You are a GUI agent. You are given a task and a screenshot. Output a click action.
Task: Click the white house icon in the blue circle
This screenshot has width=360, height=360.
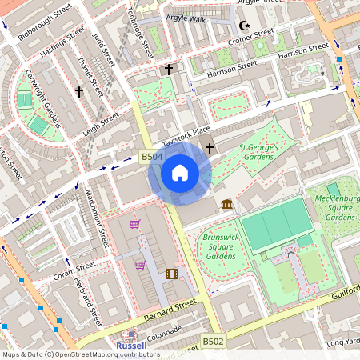click(x=180, y=172)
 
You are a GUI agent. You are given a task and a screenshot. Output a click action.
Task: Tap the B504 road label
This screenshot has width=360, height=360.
click(x=152, y=158)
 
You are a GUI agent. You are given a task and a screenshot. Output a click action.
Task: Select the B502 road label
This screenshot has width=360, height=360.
click(x=212, y=342)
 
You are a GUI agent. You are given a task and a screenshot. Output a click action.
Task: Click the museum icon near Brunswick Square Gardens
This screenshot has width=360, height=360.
click(x=228, y=206)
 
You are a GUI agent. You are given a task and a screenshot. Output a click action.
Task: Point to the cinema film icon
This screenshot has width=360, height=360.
click(x=172, y=274)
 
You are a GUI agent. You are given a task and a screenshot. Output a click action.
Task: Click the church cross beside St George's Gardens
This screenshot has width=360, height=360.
click(x=210, y=148)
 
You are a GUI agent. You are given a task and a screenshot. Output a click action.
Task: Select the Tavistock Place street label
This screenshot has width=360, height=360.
click(x=186, y=135)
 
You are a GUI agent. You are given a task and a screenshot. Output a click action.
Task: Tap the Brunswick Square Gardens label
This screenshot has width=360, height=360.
click(x=219, y=246)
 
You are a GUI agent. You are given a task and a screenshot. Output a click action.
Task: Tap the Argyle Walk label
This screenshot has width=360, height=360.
click(x=186, y=17)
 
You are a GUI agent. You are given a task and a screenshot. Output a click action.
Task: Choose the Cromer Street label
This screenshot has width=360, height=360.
click(x=250, y=37)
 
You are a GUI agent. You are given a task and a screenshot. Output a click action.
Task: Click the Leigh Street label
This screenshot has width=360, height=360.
click(x=99, y=122)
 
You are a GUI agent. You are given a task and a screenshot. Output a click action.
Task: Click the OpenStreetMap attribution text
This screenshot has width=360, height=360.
click(x=80, y=354)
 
